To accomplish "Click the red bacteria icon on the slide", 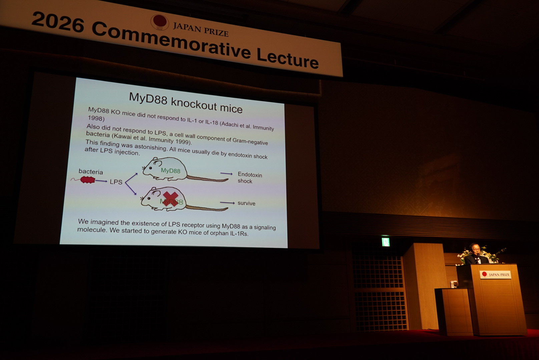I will [88, 180].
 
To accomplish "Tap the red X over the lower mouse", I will [170, 199].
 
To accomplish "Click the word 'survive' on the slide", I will [246, 203].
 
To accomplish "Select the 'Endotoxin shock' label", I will [249, 178].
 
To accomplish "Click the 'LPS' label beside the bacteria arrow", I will [116, 182].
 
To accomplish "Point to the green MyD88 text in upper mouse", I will [170, 171].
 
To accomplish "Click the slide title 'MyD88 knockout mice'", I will [185, 103].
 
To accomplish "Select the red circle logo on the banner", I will [159, 21].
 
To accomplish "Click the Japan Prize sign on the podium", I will [496, 274].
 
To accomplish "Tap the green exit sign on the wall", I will [386, 241].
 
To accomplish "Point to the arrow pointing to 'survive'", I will [227, 203].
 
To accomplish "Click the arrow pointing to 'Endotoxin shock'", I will [226, 174].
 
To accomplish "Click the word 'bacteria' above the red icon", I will [91, 172].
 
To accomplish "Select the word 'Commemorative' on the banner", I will [171, 40].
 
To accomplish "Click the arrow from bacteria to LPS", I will [101, 181].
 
